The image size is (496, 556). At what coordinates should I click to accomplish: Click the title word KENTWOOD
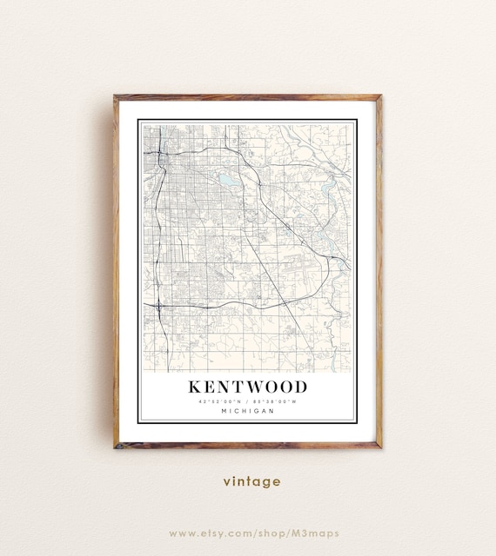coord(247,386)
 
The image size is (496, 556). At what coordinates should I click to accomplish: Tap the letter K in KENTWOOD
coord(194,386)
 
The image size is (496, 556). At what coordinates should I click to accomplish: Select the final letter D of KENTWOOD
coord(300,386)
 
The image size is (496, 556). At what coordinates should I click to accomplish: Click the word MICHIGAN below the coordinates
coord(247,411)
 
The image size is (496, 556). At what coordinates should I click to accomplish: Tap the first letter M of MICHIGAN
coord(223,411)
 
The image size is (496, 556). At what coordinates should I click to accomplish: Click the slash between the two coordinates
coord(248,400)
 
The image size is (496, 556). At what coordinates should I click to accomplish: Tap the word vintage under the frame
coord(251,480)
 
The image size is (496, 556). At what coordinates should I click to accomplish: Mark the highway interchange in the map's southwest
coord(159,306)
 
